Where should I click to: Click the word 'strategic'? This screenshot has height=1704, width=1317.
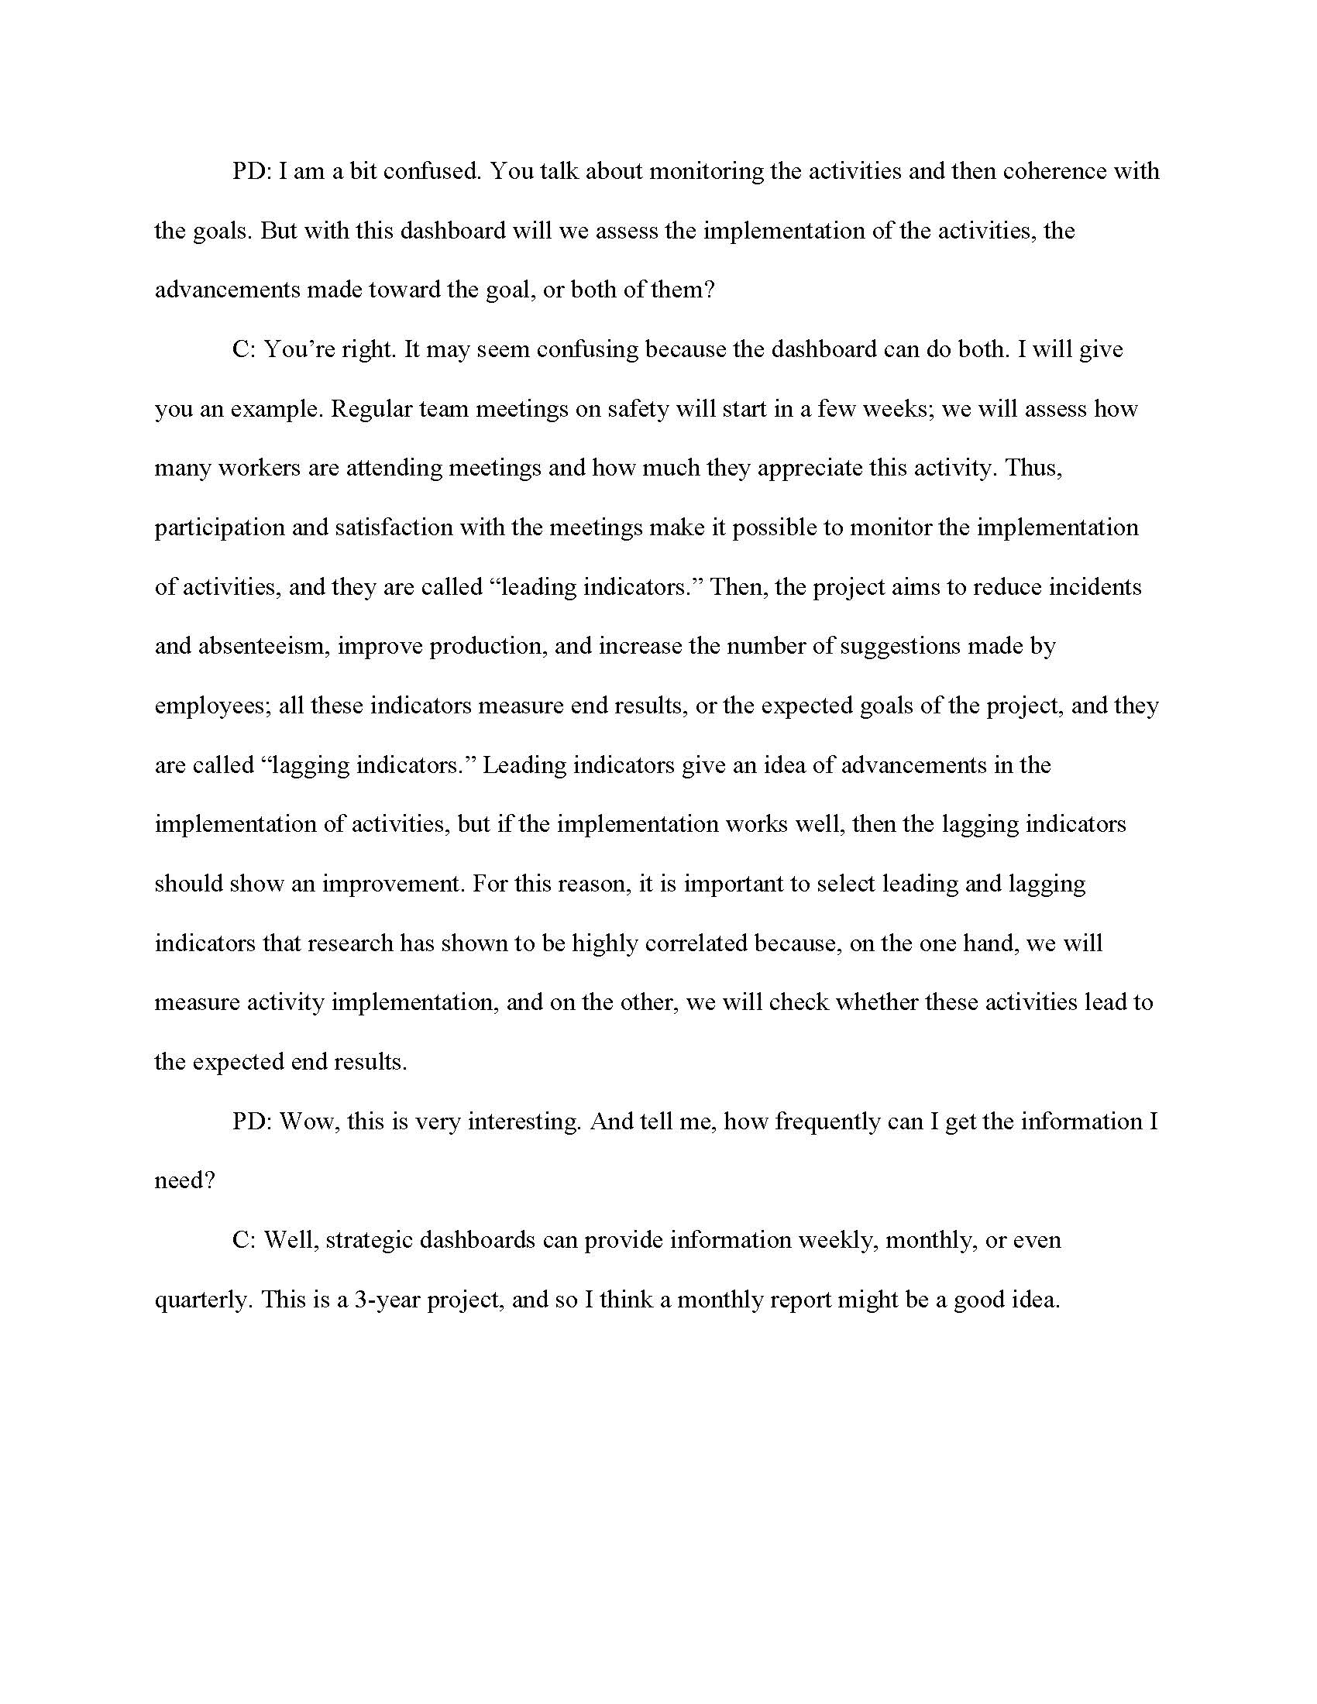369,1240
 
